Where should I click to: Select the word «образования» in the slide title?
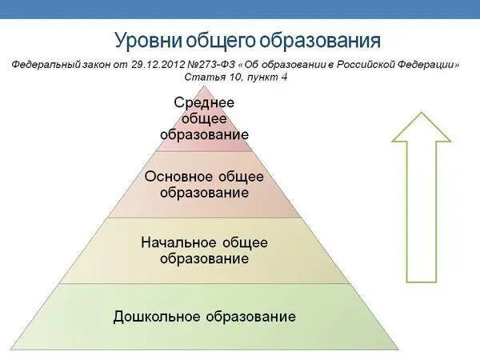point(323,40)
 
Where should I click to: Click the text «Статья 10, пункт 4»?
point(236,77)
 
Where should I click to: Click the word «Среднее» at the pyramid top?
point(204,102)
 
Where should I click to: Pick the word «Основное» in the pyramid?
point(179,176)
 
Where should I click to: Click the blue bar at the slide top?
point(240,9)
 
